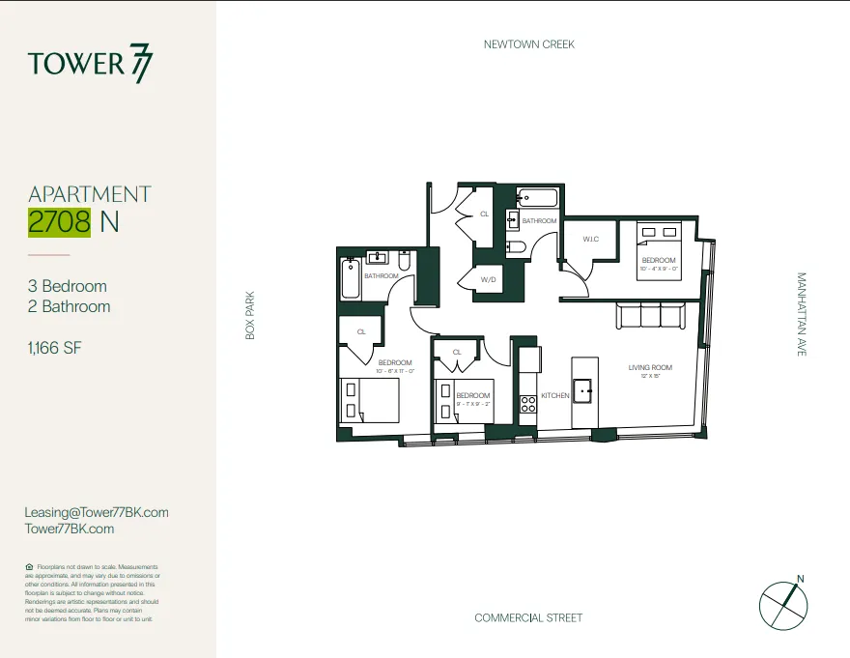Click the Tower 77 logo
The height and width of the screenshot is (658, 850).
tap(90, 64)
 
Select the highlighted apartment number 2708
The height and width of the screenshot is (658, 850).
tap(60, 221)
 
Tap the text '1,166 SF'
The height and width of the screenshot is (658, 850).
tap(55, 347)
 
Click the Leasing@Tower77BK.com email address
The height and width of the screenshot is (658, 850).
tap(97, 512)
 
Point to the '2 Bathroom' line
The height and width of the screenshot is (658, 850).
tap(69, 306)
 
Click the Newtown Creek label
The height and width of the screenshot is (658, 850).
tap(528, 44)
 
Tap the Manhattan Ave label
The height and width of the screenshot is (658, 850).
tap(801, 314)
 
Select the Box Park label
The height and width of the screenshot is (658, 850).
tap(249, 315)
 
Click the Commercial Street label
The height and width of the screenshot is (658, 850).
tap(528, 617)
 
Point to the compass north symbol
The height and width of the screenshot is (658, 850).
tap(783, 603)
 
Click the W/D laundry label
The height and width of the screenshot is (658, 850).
tap(490, 280)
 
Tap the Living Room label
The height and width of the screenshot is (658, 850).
tap(650, 367)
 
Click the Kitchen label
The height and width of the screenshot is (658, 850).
tap(555, 396)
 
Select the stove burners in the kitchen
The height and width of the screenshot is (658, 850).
tap(528, 404)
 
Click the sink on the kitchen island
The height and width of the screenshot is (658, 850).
tap(583, 391)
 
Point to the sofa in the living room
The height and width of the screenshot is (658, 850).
tap(651, 316)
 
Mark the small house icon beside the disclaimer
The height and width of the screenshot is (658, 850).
tap(29, 567)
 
